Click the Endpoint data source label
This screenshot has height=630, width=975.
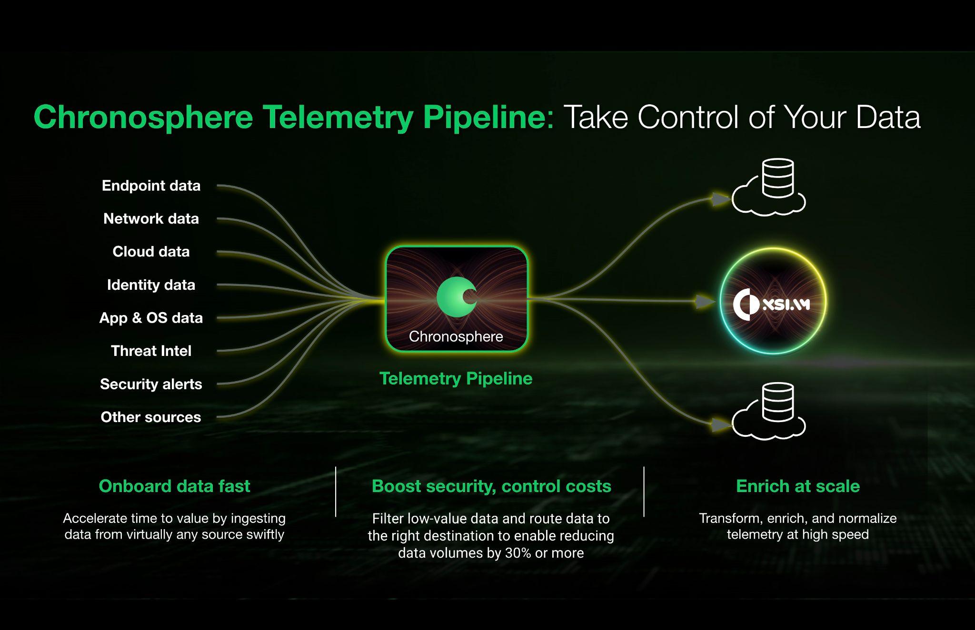tap(151, 186)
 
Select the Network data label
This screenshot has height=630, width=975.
tap(151, 218)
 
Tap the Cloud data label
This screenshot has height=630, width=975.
tap(151, 251)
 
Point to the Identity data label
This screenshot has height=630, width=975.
tap(151, 285)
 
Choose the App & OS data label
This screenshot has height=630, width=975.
tap(151, 317)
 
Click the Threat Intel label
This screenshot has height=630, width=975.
tap(151, 351)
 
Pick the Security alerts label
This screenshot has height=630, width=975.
tap(151, 384)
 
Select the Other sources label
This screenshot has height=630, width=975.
tap(151, 417)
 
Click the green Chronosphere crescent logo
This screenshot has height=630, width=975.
tap(457, 297)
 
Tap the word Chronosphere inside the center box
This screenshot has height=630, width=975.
tap(456, 336)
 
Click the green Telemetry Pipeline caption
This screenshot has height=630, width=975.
tap(456, 378)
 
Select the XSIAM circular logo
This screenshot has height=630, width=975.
tap(773, 302)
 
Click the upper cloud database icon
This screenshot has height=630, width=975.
tap(768, 187)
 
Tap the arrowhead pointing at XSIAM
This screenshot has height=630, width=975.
tap(706, 301)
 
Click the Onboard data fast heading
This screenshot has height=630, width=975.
tap(174, 486)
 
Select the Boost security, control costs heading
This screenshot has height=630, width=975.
tap(491, 486)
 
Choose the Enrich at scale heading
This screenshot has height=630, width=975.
tap(798, 486)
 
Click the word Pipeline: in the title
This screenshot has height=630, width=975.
tap(489, 117)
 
